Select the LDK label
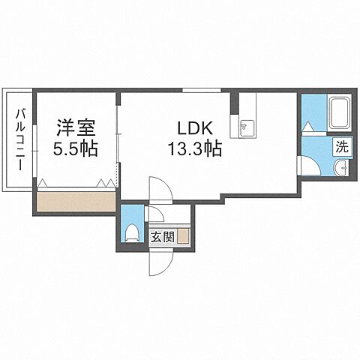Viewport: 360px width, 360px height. tap(193, 127)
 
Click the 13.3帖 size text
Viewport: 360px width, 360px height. tap(193, 148)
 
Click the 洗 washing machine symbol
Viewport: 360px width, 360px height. tap(342, 147)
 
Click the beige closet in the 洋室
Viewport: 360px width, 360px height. tap(75, 201)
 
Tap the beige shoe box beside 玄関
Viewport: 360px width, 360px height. tap(184, 238)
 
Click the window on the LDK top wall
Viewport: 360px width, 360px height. tap(196, 91)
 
